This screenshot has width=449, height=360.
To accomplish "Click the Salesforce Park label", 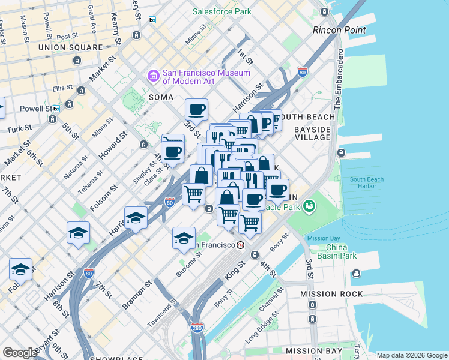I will pos(221,11).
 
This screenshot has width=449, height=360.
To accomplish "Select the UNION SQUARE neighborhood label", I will pos(79,47).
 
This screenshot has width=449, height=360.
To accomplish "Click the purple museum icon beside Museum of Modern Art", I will pos(153,77).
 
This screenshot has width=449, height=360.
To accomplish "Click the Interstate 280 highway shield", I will pos(197,328).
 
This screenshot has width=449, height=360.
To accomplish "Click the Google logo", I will pos(20,353).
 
